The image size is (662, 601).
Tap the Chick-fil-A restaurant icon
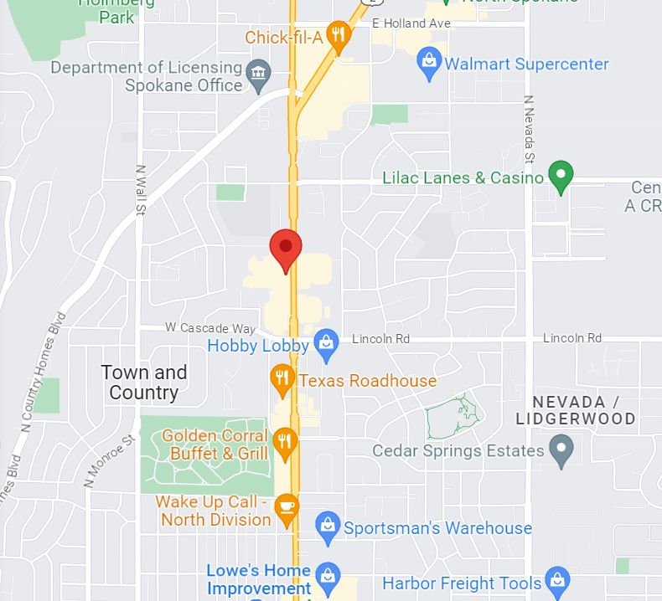[x=338, y=35]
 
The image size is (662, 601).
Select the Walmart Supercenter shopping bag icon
[x=430, y=64]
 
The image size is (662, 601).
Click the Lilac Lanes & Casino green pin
[x=561, y=176]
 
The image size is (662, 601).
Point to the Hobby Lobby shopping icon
[x=325, y=342]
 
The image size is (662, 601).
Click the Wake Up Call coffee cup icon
[x=287, y=508]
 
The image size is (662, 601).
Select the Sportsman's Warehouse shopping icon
[x=328, y=527]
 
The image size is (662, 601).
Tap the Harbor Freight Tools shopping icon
[x=556, y=580]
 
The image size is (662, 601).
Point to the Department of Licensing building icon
[x=259, y=74]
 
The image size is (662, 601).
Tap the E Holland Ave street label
[x=411, y=23]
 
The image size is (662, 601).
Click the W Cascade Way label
[x=209, y=329]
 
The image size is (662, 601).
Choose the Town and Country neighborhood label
[x=144, y=383]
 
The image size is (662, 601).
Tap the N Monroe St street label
[x=109, y=461]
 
